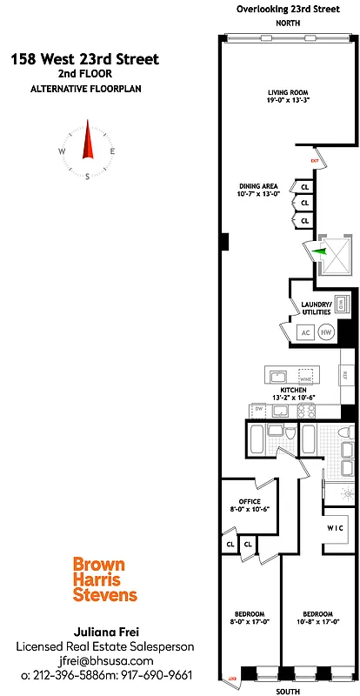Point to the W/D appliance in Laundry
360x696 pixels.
[x=342, y=304]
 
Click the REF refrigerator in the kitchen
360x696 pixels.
[x=344, y=375]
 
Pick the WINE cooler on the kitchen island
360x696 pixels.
[x=305, y=378]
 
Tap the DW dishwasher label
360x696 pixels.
[x=258, y=409]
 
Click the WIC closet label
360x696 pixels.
[x=337, y=528]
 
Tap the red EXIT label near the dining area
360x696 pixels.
[x=315, y=161]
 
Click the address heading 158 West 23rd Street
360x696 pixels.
[x=85, y=59]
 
